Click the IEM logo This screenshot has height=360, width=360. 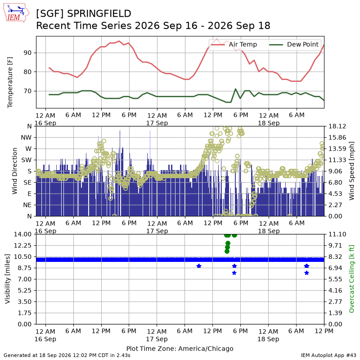16,13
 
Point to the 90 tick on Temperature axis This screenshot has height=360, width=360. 27,53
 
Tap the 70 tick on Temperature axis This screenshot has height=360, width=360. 27,91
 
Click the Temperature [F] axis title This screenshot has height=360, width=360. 9,82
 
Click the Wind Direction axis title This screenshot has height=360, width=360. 14,171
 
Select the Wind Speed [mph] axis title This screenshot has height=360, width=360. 351,171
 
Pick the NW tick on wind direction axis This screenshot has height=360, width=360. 26,138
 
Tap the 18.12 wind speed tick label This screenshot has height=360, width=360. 337,126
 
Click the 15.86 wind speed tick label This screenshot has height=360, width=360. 337,138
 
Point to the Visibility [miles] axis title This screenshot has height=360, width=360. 8,279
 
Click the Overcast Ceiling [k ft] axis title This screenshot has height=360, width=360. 351,279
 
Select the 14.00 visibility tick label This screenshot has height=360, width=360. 23,234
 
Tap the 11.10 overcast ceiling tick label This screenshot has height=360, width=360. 337,234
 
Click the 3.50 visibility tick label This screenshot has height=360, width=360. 25,301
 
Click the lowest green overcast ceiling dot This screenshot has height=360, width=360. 227,252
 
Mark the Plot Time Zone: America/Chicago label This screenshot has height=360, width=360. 180,348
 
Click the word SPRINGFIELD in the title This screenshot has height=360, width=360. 99,13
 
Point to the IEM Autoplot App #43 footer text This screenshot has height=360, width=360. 328,355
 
